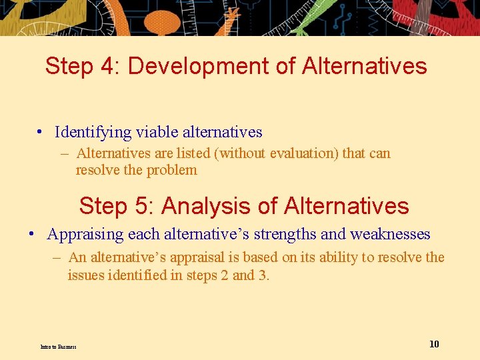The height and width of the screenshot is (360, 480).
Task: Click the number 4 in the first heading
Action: [105, 66]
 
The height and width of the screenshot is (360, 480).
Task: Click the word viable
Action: [154, 132]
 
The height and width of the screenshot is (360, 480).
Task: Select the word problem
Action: [171, 170]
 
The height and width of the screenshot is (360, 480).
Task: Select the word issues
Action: [85, 275]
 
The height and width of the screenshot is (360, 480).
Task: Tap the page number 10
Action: [434, 344]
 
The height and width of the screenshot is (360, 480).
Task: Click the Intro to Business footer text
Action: [58, 347]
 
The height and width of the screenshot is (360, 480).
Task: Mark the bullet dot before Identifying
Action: [41, 133]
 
